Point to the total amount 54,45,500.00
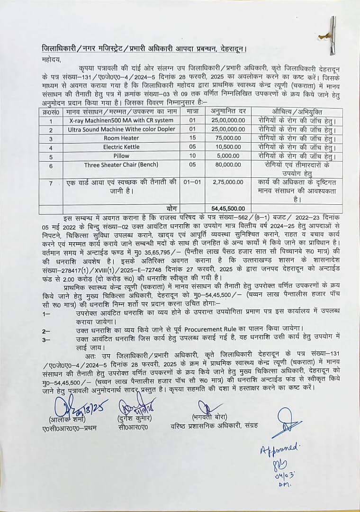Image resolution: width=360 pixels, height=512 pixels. (229, 208)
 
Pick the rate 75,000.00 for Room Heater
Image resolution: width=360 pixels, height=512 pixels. (229, 138)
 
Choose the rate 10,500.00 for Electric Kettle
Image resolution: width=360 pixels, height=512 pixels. (229, 147)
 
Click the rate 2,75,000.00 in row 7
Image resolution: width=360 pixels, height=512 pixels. (229, 182)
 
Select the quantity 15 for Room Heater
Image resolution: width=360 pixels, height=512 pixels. (192, 138)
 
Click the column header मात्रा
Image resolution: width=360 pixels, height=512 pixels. (192, 111)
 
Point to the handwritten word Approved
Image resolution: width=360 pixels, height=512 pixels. (279, 448)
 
